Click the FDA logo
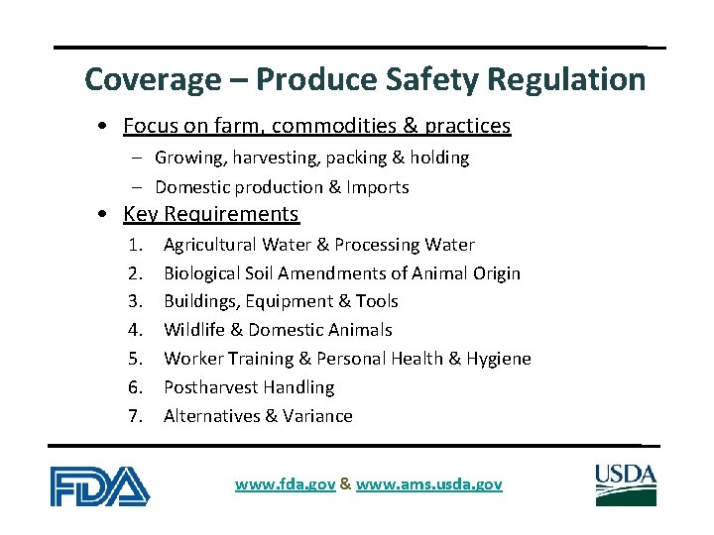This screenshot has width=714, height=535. (100, 484)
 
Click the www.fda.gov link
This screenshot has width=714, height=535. (286, 484)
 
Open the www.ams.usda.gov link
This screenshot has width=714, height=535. (428, 484)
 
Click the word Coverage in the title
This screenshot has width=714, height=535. (137, 79)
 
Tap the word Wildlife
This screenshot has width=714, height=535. (194, 330)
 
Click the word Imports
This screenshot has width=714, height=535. (377, 187)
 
